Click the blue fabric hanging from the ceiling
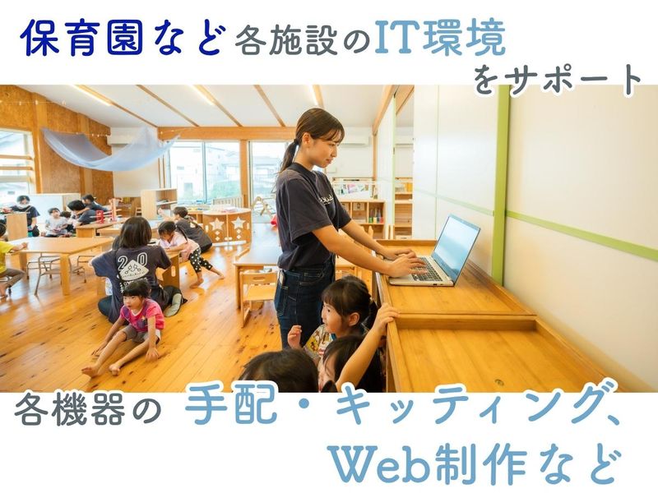[x=110, y=148]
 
